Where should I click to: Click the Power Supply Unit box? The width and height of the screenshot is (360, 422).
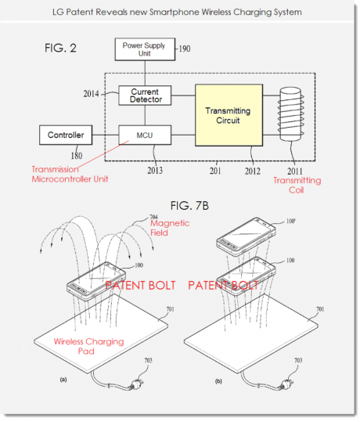(x=145, y=49)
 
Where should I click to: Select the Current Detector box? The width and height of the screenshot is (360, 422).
(x=145, y=96)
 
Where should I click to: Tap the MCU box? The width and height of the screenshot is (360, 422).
(x=145, y=135)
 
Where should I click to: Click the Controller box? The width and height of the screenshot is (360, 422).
(x=66, y=135)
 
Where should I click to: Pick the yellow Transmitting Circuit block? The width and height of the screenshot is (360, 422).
(x=229, y=115)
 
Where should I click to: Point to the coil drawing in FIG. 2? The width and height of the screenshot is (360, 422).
(x=291, y=114)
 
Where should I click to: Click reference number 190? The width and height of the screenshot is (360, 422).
(x=185, y=49)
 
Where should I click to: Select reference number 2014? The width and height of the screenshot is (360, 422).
(x=91, y=94)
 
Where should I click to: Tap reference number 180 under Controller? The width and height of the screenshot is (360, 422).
(x=77, y=156)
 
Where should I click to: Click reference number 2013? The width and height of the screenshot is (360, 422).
(x=155, y=171)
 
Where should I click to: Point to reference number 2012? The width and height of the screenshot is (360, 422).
(x=252, y=171)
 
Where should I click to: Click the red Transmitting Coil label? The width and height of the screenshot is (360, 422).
(x=297, y=185)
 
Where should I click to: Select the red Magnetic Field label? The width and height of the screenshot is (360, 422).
(x=170, y=228)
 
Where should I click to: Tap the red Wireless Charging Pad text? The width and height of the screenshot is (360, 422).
(x=88, y=346)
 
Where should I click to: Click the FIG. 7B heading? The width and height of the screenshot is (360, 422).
(x=189, y=206)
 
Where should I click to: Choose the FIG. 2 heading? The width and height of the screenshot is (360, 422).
(x=60, y=49)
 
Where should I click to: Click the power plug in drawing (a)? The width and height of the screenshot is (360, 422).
(x=136, y=384)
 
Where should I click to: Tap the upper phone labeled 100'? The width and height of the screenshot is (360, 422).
(x=246, y=236)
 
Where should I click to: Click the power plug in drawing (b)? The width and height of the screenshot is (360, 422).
(x=286, y=384)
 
